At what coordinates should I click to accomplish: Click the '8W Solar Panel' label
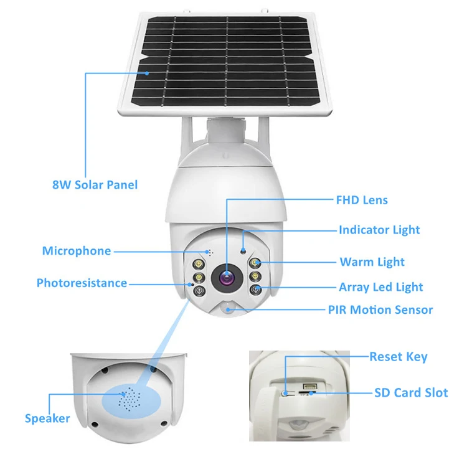(x=95, y=185)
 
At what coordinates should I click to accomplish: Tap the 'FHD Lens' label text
(x=362, y=200)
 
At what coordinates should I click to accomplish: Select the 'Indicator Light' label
(x=379, y=230)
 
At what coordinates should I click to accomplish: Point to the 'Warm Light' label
(x=372, y=262)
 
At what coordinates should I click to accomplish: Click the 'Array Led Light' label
(x=380, y=287)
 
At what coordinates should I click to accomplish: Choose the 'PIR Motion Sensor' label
(x=380, y=309)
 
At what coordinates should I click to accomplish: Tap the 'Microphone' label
(x=77, y=251)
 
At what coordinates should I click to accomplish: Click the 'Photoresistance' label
(x=82, y=283)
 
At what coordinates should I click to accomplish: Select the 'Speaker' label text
(x=47, y=418)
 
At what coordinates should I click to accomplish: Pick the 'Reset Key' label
(x=399, y=357)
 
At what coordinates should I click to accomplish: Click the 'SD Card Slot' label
(x=411, y=392)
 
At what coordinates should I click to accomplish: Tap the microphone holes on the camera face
(x=209, y=253)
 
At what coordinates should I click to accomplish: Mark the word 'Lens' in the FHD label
(x=374, y=200)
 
